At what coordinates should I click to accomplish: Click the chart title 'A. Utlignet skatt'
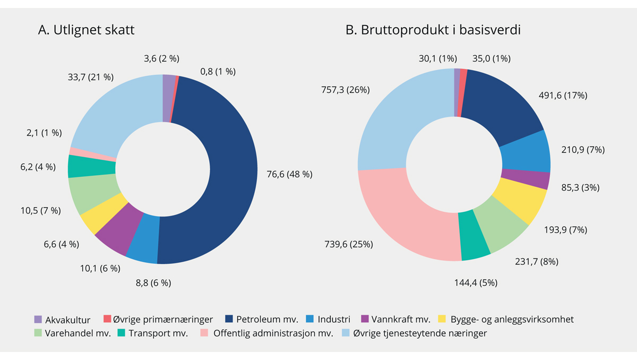point(86,30)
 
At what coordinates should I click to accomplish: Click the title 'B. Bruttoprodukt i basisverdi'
point(433,30)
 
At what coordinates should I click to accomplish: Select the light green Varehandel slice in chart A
point(93,194)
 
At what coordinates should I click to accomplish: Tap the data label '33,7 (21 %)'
point(92,77)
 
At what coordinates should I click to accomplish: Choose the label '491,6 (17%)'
point(563,96)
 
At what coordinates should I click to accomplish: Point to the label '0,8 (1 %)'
point(218,71)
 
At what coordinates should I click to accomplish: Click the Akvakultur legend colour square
point(38,320)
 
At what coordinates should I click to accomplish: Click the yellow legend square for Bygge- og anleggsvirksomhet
point(442,320)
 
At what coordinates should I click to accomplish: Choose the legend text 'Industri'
point(334,320)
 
